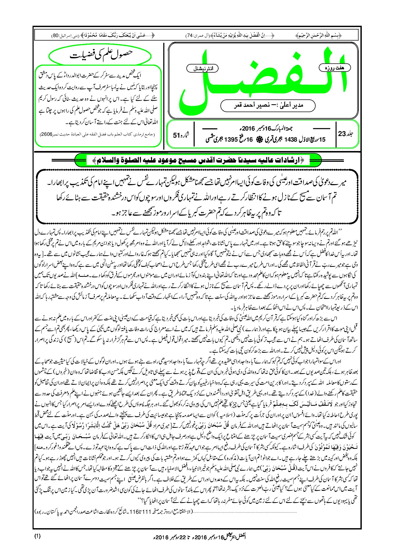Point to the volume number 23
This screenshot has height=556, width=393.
pyautogui.click(x=342, y=134)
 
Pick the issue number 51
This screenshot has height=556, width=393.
pyautogui.click(x=176, y=135)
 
